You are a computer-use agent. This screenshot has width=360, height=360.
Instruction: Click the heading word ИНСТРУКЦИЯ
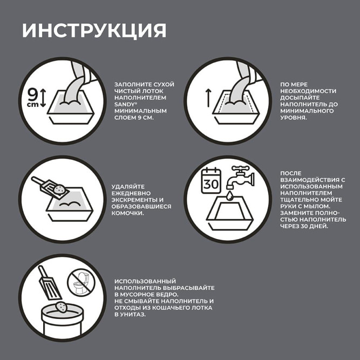coord(94,30)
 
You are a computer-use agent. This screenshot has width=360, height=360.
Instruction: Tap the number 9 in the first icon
coord(32,95)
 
